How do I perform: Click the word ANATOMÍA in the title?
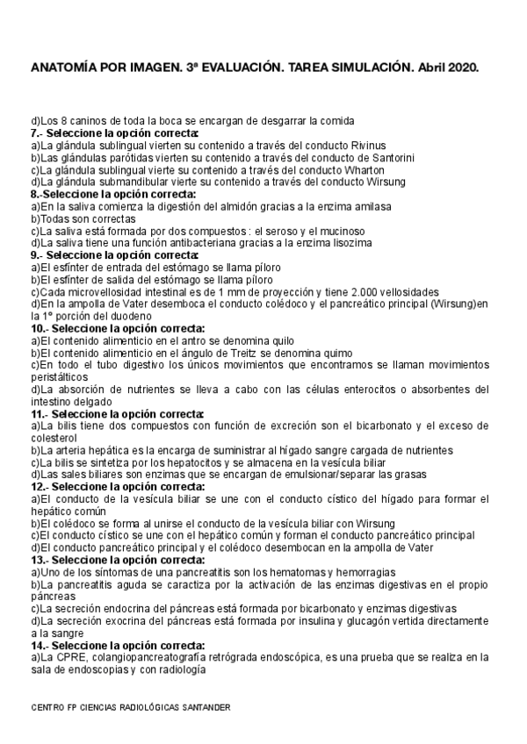pyautogui.click(x=61, y=67)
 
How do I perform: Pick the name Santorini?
pyautogui.click(x=384, y=157)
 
